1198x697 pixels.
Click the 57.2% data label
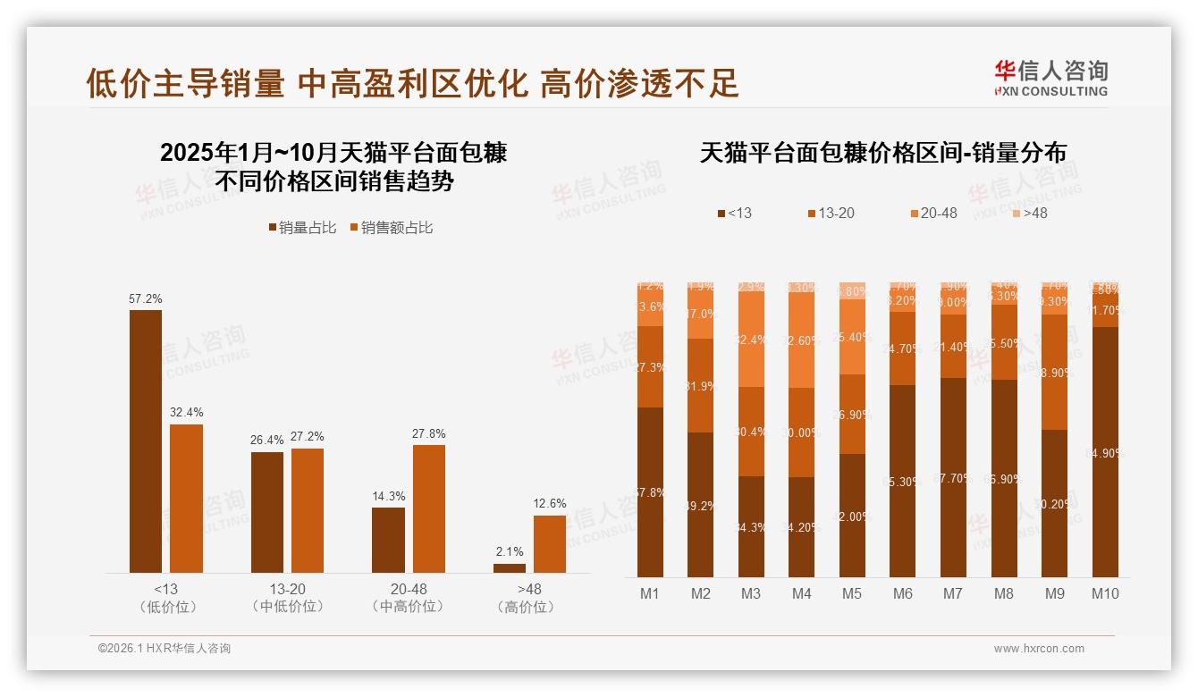point(146,299)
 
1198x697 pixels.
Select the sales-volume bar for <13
point(146,441)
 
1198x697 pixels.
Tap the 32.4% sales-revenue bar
point(186,499)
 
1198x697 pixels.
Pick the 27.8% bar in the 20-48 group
point(429,508)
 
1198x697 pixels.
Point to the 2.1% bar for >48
point(510,568)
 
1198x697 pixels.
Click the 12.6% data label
point(550,504)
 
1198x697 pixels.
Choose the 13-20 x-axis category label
point(287,589)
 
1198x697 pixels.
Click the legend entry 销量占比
point(303,228)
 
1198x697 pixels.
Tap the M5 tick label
point(852,593)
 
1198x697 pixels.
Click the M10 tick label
point(1105,593)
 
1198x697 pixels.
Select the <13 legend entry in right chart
point(734,214)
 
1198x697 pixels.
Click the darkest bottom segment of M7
point(954,478)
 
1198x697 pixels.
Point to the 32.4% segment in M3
point(751,340)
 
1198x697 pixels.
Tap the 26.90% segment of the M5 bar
point(852,414)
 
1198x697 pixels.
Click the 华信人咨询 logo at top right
point(1050,78)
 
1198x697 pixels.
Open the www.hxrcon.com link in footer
point(1039,649)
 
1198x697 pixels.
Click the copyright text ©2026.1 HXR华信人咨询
point(165,649)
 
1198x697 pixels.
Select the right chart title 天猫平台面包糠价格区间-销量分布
point(882,153)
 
